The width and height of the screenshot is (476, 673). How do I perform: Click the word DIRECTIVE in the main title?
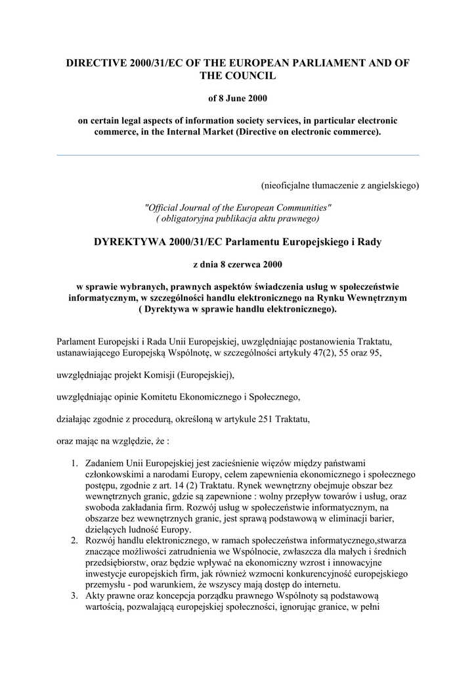99,63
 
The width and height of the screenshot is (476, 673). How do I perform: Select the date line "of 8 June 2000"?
238,99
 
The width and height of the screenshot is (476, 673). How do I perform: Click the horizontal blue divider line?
238,155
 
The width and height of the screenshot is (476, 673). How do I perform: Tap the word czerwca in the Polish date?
238,265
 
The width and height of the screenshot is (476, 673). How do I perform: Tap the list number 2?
75,540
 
